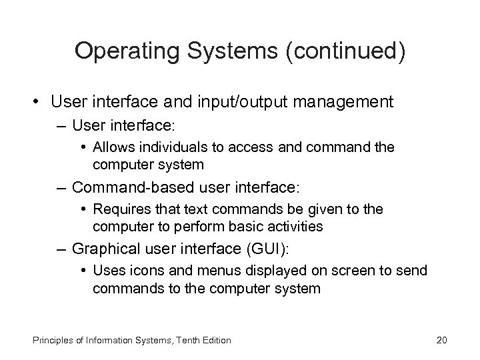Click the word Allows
click(113, 147)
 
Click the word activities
click(291, 226)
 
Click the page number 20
click(441, 340)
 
